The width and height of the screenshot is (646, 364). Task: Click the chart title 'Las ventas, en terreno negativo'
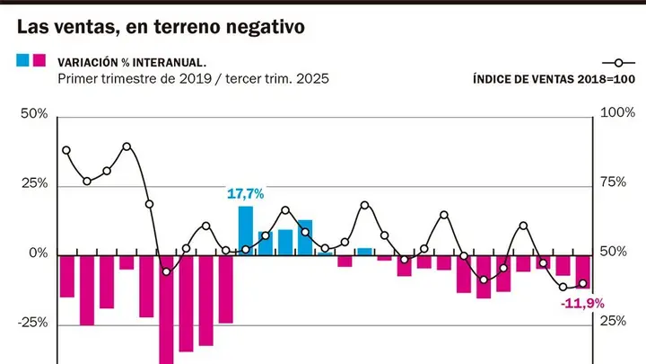click(x=161, y=27)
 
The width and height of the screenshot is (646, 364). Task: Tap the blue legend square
click(x=22, y=60)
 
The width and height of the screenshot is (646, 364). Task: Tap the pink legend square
click(x=39, y=60)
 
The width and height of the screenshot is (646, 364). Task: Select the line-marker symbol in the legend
click(x=618, y=63)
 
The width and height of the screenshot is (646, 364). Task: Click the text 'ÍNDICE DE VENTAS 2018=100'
click(x=554, y=79)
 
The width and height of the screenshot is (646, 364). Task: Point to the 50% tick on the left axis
click(x=34, y=114)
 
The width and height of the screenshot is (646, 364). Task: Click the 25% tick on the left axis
click(x=35, y=183)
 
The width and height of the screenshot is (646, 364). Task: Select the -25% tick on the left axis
click(x=32, y=323)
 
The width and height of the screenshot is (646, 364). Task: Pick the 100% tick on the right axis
click(x=617, y=112)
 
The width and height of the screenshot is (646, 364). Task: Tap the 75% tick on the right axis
click(x=613, y=182)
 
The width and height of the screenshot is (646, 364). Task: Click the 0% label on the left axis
click(x=39, y=253)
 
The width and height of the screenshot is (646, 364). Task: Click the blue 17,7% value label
click(x=246, y=193)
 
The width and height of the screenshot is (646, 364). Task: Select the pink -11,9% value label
click(x=582, y=304)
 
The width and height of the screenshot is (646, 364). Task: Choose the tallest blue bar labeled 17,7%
click(x=246, y=231)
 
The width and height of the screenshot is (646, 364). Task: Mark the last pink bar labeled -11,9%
click(x=582, y=272)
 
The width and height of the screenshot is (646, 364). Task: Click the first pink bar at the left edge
click(x=67, y=276)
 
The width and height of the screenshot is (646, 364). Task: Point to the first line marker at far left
click(x=66, y=150)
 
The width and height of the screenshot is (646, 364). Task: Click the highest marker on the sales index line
click(x=127, y=146)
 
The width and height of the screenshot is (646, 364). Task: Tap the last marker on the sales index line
click(x=583, y=283)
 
